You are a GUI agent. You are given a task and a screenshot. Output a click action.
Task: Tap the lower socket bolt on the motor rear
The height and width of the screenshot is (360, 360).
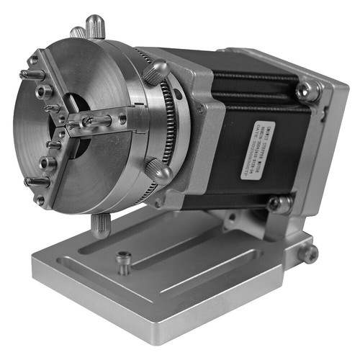click(x=276, y=204)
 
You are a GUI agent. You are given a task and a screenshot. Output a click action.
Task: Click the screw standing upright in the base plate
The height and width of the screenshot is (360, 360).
click(x=124, y=261)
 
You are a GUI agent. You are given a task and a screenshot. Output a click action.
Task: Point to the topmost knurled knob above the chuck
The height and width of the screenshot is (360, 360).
click(x=96, y=27)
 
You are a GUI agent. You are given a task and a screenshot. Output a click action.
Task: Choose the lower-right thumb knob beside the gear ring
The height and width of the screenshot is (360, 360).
click(x=159, y=171)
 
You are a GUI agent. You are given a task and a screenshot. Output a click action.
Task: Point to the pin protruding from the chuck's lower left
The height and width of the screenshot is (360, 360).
click(x=36, y=182)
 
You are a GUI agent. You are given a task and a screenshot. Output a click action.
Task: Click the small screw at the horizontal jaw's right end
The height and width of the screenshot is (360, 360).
click(x=123, y=120)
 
